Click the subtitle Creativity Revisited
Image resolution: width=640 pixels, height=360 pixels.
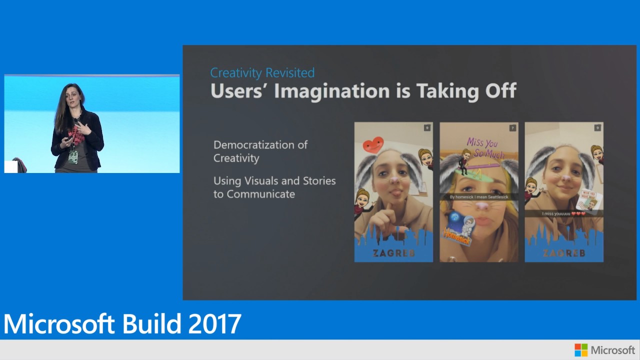(262, 73)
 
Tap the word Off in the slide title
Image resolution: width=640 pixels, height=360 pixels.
(498, 91)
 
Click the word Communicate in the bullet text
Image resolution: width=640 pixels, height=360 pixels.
(260, 194)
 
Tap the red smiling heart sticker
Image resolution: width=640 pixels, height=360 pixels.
(372, 145)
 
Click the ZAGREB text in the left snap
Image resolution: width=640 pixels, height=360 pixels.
(393, 253)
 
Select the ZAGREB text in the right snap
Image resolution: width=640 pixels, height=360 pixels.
(563, 253)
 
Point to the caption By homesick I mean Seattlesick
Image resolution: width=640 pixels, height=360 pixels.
(478, 197)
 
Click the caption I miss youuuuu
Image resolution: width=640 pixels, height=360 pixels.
(563, 213)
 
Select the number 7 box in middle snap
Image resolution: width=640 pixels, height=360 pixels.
(512, 128)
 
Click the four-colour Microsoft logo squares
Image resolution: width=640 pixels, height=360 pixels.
(581, 350)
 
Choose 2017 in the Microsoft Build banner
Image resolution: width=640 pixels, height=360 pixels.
(215, 324)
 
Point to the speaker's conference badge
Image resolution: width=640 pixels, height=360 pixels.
(73, 156)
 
